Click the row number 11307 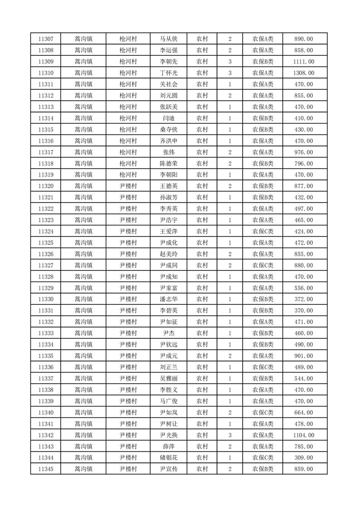point(46,39)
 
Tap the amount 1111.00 point(303,62)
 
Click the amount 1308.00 point(303,73)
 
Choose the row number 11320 point(46,186)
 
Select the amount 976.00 point(303,152)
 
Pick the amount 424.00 point(303,231)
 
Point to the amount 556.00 point(303,288)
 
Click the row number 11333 point(46,333)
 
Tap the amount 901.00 point(303,356)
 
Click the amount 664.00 point(303,412)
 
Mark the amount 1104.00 point(303,435)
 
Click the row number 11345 point(46,469)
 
